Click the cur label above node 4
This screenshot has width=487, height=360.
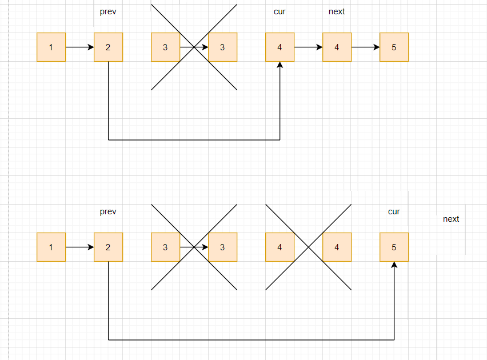click(280, 11)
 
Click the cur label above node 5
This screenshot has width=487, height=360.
click(394, 211)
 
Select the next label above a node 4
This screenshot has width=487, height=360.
click(337, 11)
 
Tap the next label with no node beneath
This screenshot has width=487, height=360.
click(451, 219)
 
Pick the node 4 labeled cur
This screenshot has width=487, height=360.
click(280, 47)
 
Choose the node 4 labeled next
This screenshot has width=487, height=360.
click(337, 47)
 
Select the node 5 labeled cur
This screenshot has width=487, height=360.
click(394, 247)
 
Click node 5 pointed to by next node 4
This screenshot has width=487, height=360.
click(394, 47)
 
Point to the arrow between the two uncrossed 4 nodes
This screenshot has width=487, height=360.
click(308, 47)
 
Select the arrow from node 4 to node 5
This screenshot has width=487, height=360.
click(365, 47)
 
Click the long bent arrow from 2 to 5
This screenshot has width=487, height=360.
click(252, 340)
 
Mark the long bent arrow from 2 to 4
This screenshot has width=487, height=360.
click(194, 139)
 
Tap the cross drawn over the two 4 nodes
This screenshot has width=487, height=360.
click(308, 247)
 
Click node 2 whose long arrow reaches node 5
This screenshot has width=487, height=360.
click(108, 247)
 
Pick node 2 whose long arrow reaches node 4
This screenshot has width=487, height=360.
click(108, 47)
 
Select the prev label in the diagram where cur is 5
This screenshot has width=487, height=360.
click(108, 211)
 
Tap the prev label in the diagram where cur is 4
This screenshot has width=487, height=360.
click(108, 11)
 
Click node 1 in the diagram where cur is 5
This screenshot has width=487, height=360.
click(51, 247)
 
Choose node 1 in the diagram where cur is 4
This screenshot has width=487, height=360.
click(51, 47)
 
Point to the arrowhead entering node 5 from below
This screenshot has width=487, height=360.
click(394, 265)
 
